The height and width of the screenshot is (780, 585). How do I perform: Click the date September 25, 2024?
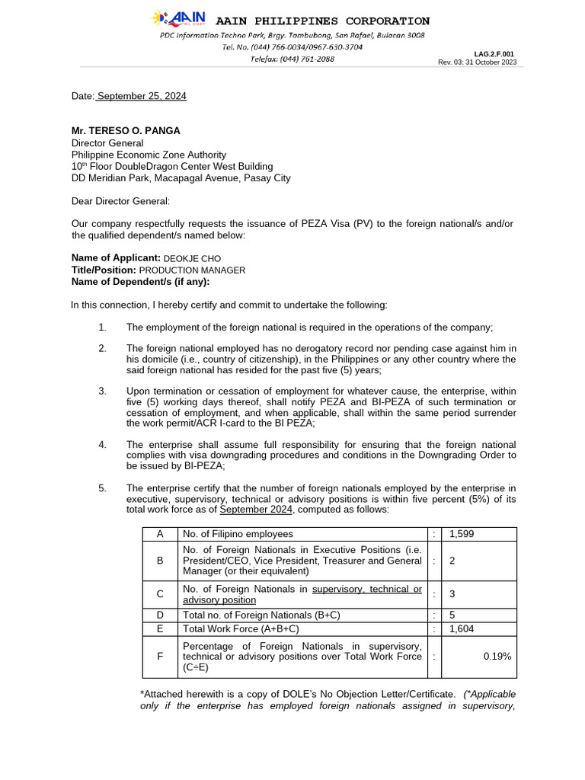click(142, 96)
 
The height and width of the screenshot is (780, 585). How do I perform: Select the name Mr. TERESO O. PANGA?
click(126, 130)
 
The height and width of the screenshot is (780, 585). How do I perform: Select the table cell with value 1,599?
click(462, 534)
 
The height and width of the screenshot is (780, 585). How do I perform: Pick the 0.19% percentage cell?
click(497, 655)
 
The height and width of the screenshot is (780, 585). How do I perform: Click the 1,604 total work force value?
click(462, 628)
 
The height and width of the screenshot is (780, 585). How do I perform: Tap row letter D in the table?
click(160, 614)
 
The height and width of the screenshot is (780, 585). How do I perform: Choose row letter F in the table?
click(160, 655)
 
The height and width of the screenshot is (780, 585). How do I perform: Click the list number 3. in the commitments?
click(102, 391)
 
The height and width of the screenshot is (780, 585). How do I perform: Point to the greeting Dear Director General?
click(121, 201)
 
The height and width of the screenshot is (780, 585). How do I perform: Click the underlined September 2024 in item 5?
click(256, 510)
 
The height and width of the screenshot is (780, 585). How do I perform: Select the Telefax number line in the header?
click(292, 59)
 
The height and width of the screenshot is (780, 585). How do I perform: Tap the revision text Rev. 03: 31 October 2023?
click(477, 62)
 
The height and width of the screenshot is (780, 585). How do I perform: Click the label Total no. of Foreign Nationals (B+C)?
click(261, 614)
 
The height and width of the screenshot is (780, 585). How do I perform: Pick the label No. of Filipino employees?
click(238, 534)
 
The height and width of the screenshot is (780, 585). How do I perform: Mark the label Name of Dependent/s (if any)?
click(140, 282)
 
